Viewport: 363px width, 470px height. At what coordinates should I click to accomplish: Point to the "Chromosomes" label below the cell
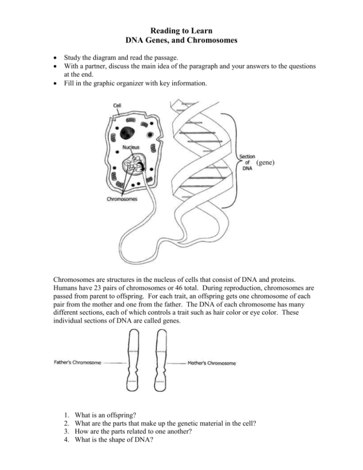click(121, 199)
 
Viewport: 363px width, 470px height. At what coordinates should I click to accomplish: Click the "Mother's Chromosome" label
click(213, 363)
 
